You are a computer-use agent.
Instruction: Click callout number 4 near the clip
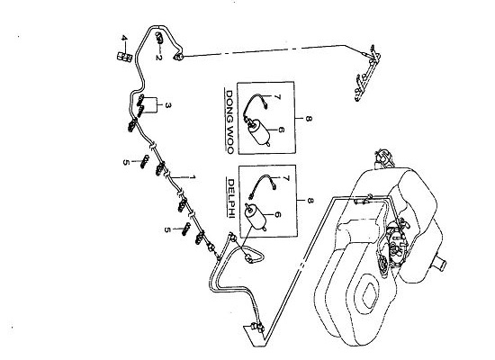point(124,38)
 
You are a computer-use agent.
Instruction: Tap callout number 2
point(158,58)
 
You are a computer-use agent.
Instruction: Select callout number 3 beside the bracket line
point(168,105)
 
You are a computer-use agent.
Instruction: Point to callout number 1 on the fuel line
point(193,177)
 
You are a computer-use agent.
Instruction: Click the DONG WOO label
point(229,122)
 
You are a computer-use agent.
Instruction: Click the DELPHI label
point(231,198)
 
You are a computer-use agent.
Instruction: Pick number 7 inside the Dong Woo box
point(277,97)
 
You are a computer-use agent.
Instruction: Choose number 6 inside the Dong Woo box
point(282,130)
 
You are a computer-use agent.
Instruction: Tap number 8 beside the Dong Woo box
point(309,119)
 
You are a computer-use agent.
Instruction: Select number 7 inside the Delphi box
point(286,179)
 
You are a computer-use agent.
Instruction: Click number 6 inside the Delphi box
point(277,215)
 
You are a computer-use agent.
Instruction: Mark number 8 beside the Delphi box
point(310,201)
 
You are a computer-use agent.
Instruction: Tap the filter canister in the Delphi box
point(256,217)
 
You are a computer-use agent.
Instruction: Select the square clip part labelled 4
point(124,57)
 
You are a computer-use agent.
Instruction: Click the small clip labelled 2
point(159,37)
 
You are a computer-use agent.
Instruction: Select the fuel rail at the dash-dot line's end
point(368,73)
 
